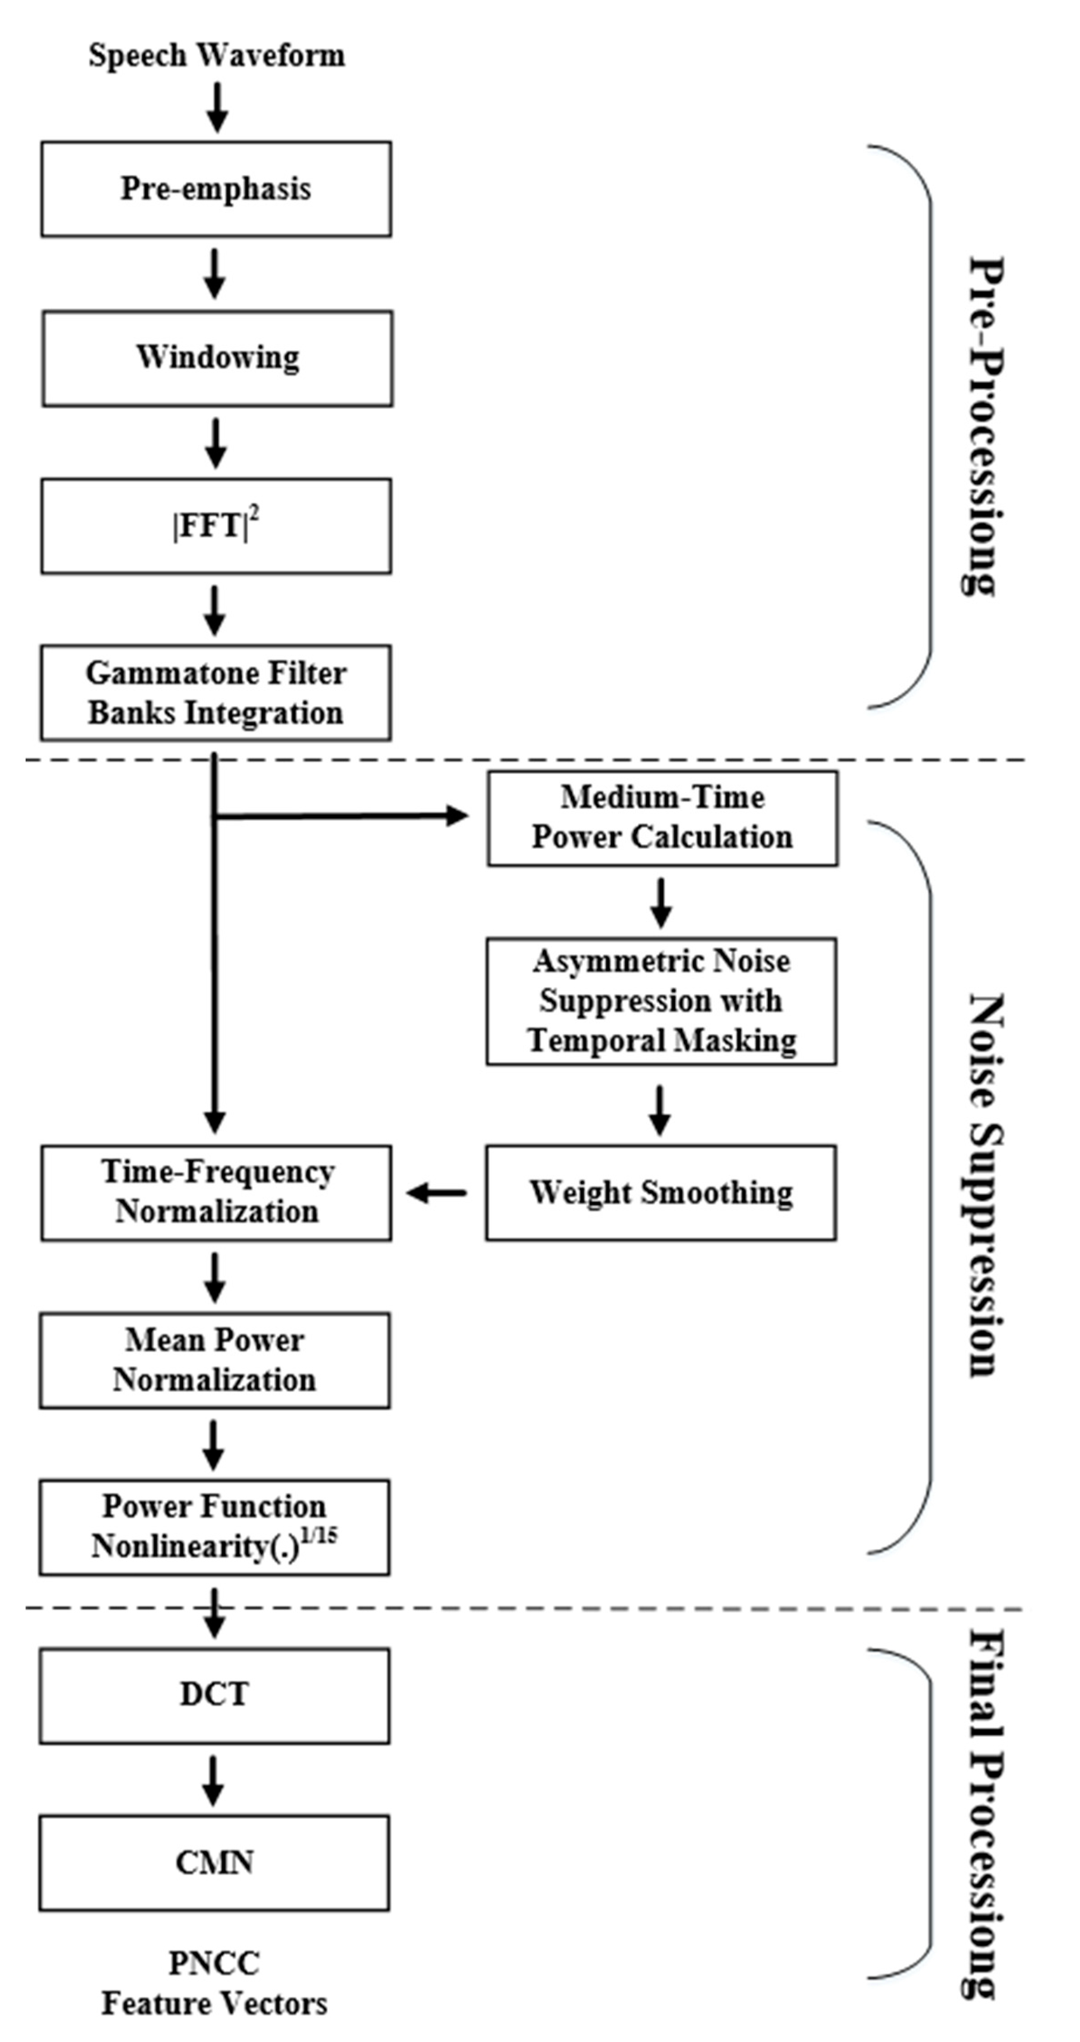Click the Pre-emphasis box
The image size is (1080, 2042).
tap(216, 189)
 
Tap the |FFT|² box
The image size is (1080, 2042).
tap(216, 525)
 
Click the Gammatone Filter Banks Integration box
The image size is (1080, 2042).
tap(216, 693)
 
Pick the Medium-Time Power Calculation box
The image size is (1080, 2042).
tap(662, 817)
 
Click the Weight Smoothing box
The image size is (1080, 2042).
tap(660, 1192)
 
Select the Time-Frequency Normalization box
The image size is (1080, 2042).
tap(216, 1192)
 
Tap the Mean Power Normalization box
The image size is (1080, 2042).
tap(214, 1360)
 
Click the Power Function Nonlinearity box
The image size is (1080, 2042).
tap(214, 1527)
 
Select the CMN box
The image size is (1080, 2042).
tap(214, 1862)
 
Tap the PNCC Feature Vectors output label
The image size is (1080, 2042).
tap(214, 1982)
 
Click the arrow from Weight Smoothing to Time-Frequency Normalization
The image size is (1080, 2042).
tap(437, 1192)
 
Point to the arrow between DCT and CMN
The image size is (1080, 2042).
tap(212, 1780)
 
